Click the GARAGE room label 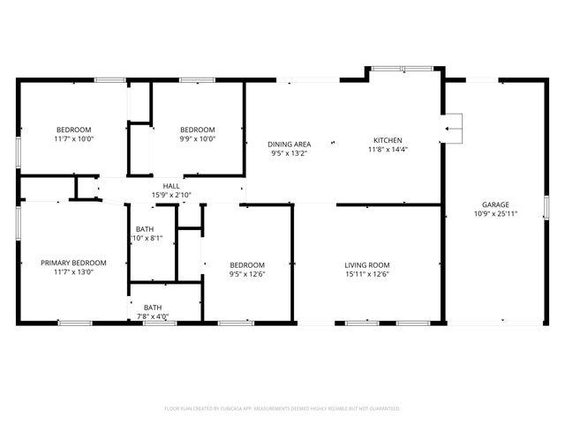(x=494, y=204)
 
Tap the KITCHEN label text (x=388, y=141)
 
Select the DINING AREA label (x=290, y=144)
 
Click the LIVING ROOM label (x=367, y=265)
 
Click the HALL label (x=171, y=187)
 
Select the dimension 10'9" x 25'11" (x=494, y=213)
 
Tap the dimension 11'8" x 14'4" (x=388, y=150)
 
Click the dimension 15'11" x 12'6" (x=367, y=274)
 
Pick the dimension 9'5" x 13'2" (x=290, y=152)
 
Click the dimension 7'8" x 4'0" (x=153, y=316)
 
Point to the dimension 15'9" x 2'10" (x=171, y=195)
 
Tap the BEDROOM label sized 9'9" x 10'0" (x=198, y=130)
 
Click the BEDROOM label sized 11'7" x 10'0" (x=73, y=130)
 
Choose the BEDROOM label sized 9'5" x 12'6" (x=247, y=265)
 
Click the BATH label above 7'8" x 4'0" (x=153, y=308)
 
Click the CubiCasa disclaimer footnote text (x=282, y=409)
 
